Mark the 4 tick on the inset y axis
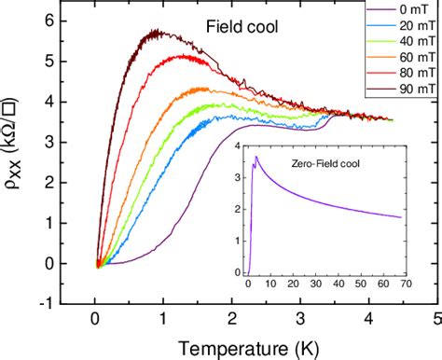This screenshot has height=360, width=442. coord(238,147)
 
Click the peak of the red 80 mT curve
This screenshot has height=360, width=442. coord(179,56)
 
